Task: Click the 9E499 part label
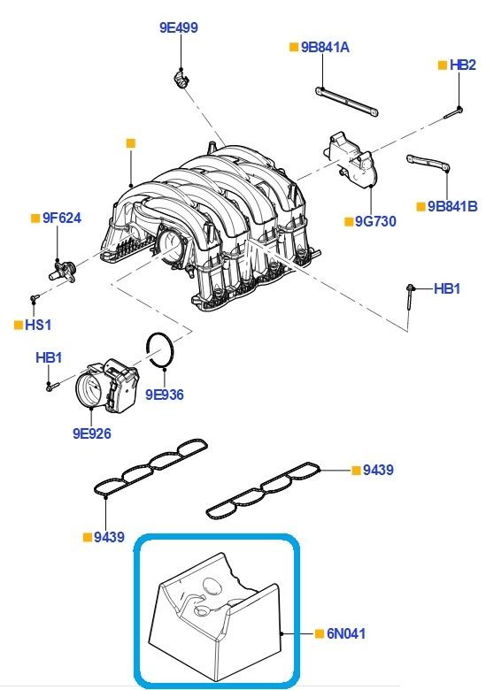point(178,27)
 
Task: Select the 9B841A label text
point(324,47)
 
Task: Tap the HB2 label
point(462,65)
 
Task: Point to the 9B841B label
point(452,206)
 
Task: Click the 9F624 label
point(61,217)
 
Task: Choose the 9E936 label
point(164,395)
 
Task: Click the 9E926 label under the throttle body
point(92,434)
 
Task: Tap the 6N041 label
point(346,633)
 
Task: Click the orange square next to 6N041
point(319,633)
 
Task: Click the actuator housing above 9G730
point(352,160)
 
